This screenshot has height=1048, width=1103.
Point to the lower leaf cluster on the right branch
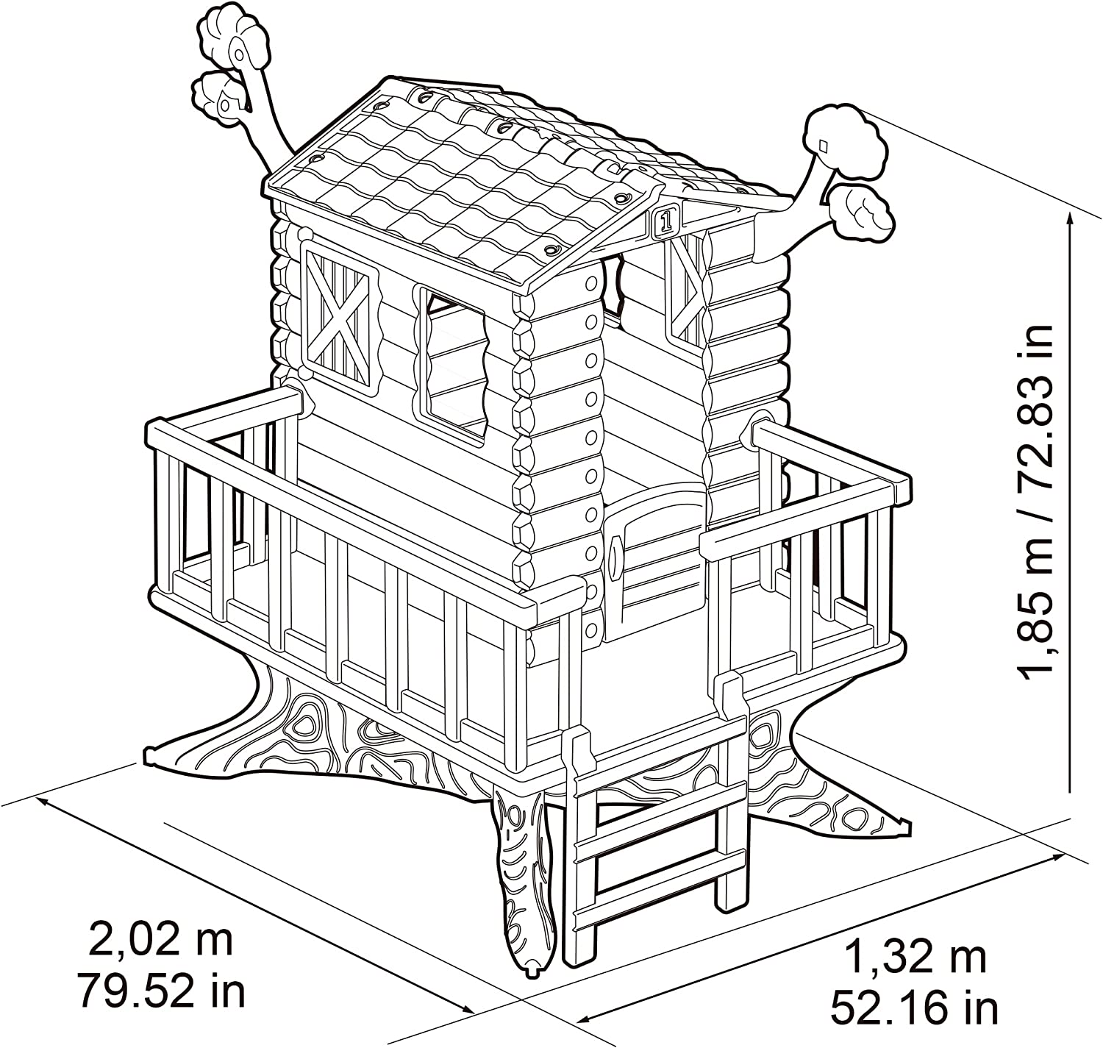pos(860,213)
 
